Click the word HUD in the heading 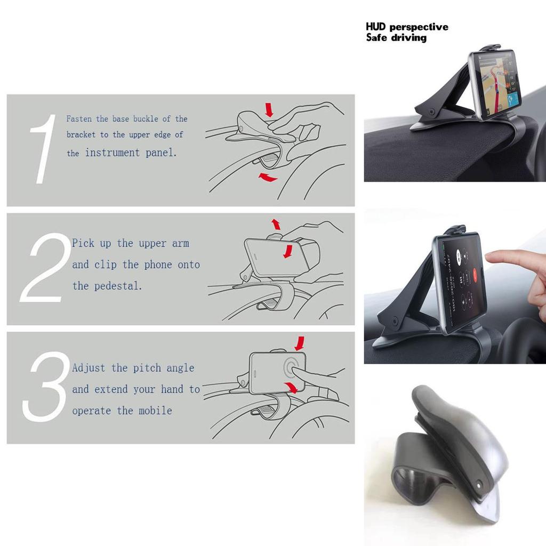coord(376,27)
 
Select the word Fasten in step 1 coord(79,119)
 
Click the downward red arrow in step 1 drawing coord(269,110)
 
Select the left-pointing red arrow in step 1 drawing coord(268,178)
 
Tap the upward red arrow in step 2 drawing coord(276,224)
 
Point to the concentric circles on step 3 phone coord(292,368)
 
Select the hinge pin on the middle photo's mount coord(395,323)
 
